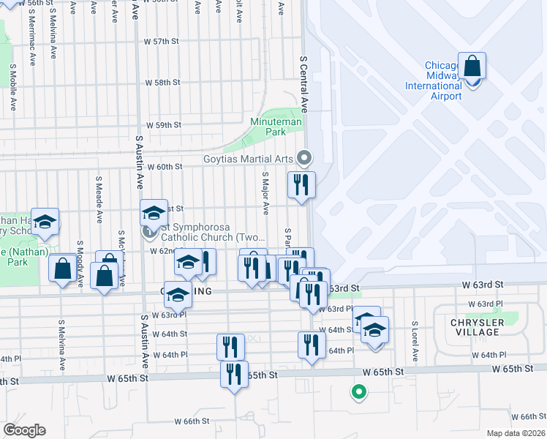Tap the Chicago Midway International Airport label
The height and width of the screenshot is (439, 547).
point(434,80)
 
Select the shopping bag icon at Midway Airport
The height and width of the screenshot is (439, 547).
point(472,66)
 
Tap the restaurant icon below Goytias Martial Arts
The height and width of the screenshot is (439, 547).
point(301,184)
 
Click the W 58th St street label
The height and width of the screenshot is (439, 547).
point(162,83)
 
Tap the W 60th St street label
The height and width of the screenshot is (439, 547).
point(164,167)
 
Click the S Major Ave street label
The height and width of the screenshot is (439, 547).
point(265,192)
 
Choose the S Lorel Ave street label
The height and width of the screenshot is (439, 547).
point(414,341)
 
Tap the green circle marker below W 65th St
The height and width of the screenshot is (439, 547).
point(358,392)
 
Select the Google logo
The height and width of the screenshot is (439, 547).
point(23,430)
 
